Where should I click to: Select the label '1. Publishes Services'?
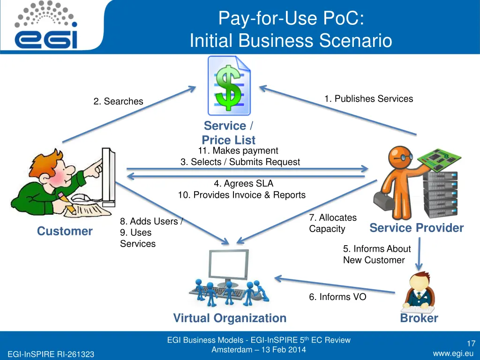click(x=368, y=99)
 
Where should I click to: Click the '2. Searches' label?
click(x=118, y=101)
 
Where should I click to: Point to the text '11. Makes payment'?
click(x=238, y=151)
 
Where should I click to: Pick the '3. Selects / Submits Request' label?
click(x=240, y=162)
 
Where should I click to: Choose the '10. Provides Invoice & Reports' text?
click(x=241, y=195)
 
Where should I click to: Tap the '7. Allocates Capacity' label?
click(x=332, y=223)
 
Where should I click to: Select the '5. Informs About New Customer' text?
click(x=376, y=255)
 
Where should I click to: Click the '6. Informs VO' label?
click(x=337, y=297)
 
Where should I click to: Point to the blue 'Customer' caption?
click(x=65, y=231)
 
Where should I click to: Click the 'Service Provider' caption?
click(x=416, y=228)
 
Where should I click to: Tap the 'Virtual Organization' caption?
click(x=230, y=318)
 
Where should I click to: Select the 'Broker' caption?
click(x=419, y=318)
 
